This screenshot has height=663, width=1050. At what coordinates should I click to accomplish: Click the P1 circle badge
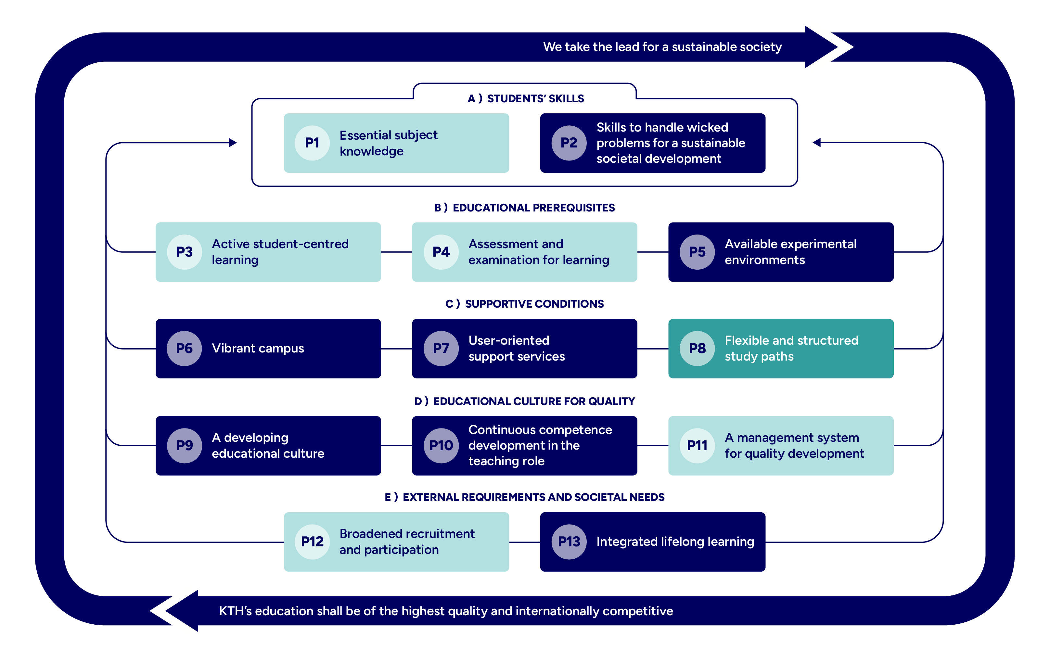click(312, 143)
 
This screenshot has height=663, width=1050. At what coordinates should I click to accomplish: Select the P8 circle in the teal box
click(697, 348)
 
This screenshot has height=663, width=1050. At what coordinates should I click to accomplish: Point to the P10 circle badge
click(441, 445)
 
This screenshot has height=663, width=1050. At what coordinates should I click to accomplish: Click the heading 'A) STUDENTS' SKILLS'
click(525, 98)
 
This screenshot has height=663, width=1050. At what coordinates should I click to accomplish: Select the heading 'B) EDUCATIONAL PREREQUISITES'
click(525, 208)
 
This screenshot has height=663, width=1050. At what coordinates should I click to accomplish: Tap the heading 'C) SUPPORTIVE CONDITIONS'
click(525, 304)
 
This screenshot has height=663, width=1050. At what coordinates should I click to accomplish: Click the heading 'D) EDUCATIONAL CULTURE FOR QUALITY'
click(525, 401)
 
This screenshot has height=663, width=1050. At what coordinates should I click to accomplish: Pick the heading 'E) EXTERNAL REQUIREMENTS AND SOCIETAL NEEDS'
click(525, 497)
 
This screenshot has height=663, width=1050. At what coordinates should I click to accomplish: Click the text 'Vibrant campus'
click(258, 348)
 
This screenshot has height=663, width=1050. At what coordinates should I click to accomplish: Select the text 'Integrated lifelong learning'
click(675, 542)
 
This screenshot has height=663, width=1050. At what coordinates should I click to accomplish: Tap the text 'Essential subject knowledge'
click(388, 143)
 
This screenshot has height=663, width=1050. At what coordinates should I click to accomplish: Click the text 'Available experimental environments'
click(790, 252)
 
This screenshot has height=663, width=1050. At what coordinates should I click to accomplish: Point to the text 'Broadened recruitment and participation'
click(406, 542)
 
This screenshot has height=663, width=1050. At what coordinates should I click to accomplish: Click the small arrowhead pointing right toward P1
click(233, 143)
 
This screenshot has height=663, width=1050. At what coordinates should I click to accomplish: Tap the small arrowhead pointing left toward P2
click(817, 143)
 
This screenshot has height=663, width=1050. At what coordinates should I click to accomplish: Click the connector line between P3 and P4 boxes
click(396, 252)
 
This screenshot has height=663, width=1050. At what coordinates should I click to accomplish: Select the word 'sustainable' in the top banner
click(702, 47)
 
